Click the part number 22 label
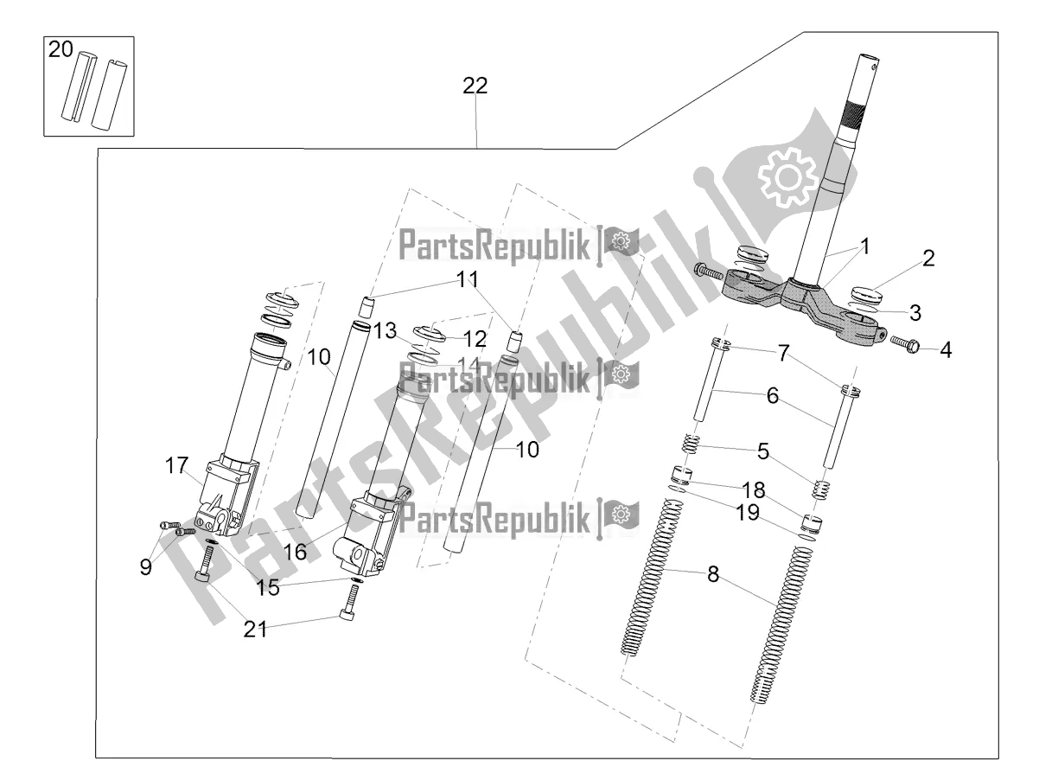click(475, 86)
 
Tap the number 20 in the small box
click(61, 50)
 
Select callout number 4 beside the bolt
click(946, 351)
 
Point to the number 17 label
click(176, 465)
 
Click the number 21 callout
click(256, 630)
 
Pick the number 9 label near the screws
click(145, 566)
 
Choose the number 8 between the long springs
click(713, 573)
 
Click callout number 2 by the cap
click(928, 258)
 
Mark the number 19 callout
click(748, 514)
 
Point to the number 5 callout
click(762, 450)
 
